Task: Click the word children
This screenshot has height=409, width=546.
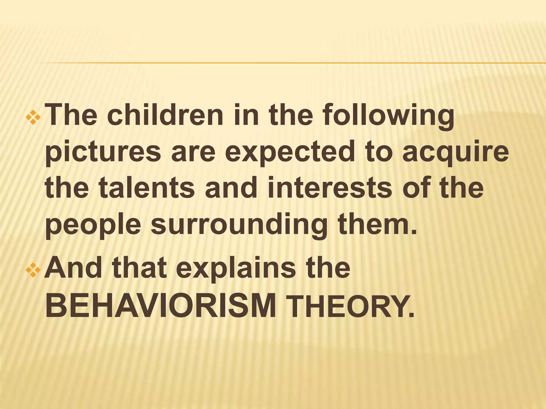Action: pos(165,116)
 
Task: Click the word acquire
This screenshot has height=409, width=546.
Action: pos(456,153)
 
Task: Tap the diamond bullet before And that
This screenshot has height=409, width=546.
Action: pos(33,270)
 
